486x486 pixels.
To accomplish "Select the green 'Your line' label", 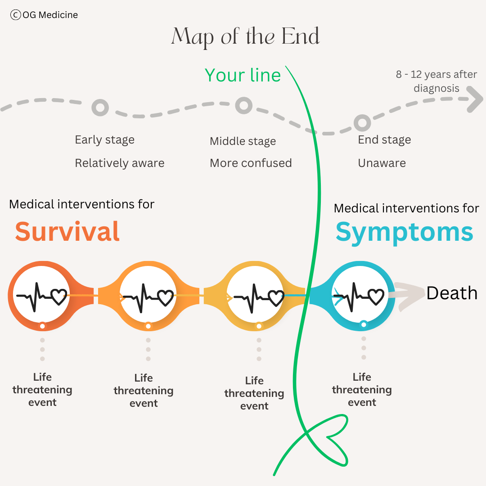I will tap(243, 75).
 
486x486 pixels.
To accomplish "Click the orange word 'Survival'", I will tap(67, 231).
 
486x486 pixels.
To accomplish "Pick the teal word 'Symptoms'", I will tap(404, 232).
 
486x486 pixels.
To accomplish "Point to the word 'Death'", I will tap(452, 293).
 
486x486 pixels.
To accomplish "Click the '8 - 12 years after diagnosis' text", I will tap(436, 81).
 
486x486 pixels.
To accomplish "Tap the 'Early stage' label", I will tap(104, 139).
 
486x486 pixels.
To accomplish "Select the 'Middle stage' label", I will tap(243, 141).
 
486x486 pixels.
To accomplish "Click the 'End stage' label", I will tap(384, 139).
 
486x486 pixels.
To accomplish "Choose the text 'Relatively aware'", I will tap(119, 163).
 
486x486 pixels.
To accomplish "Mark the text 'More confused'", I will tap(251, 163).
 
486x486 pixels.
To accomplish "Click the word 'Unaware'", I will tap(382, 163).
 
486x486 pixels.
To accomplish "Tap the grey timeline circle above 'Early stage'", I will tap(100, 108).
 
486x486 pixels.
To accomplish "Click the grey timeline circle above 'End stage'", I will tap(362, 122).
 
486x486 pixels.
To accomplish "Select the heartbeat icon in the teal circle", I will tap(358, 296).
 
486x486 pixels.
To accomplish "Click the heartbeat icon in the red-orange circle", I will tap(41, 296).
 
